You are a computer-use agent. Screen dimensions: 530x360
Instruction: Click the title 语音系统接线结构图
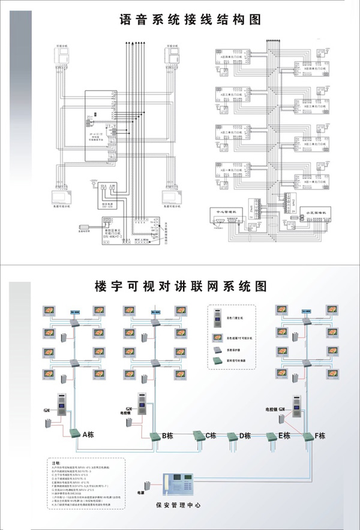point(190,20)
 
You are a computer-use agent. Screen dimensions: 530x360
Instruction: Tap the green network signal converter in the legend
point(220,362)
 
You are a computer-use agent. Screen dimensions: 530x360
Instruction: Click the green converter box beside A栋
point(72,432)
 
